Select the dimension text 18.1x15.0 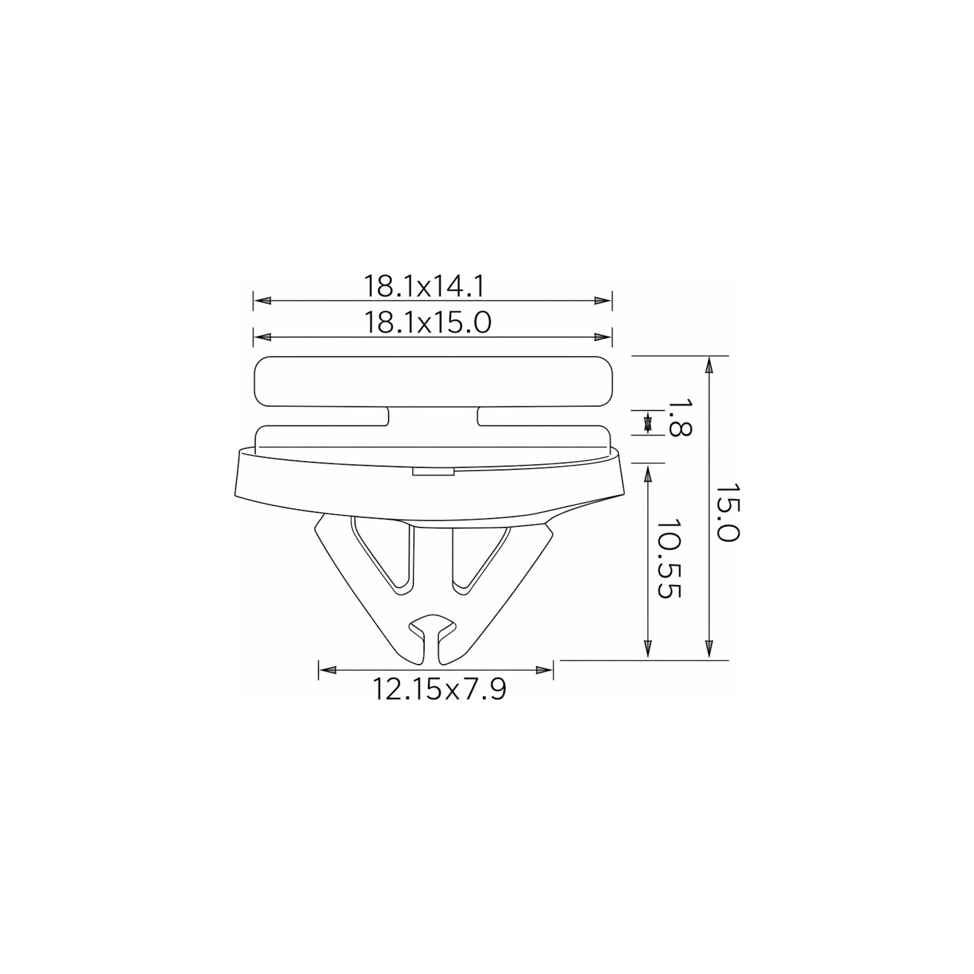427,323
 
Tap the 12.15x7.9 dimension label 439,689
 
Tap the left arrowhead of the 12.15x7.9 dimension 328,670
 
